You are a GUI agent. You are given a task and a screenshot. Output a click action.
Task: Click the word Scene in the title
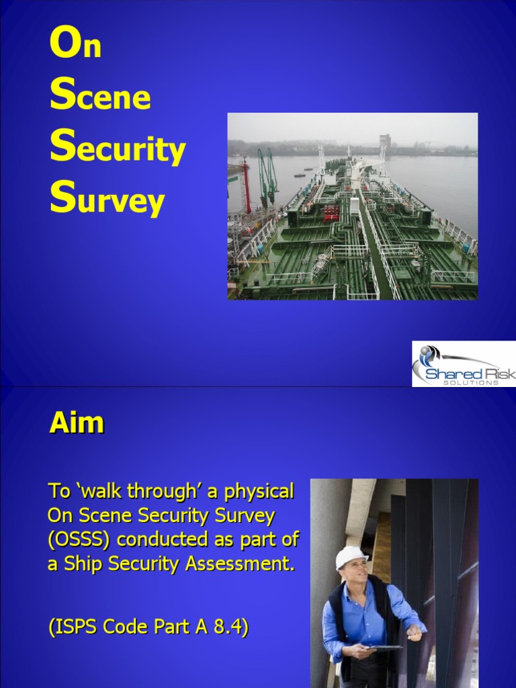click(100, 96)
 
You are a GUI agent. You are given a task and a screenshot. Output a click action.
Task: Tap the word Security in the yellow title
click(118, 148)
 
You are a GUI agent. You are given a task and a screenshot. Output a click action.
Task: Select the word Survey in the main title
click(107, 200)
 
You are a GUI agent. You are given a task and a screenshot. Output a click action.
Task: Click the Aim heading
click(77, 423)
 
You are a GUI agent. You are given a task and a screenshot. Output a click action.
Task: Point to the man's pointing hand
click(414, 632)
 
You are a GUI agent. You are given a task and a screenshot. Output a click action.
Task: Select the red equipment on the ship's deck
click(331, 213)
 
